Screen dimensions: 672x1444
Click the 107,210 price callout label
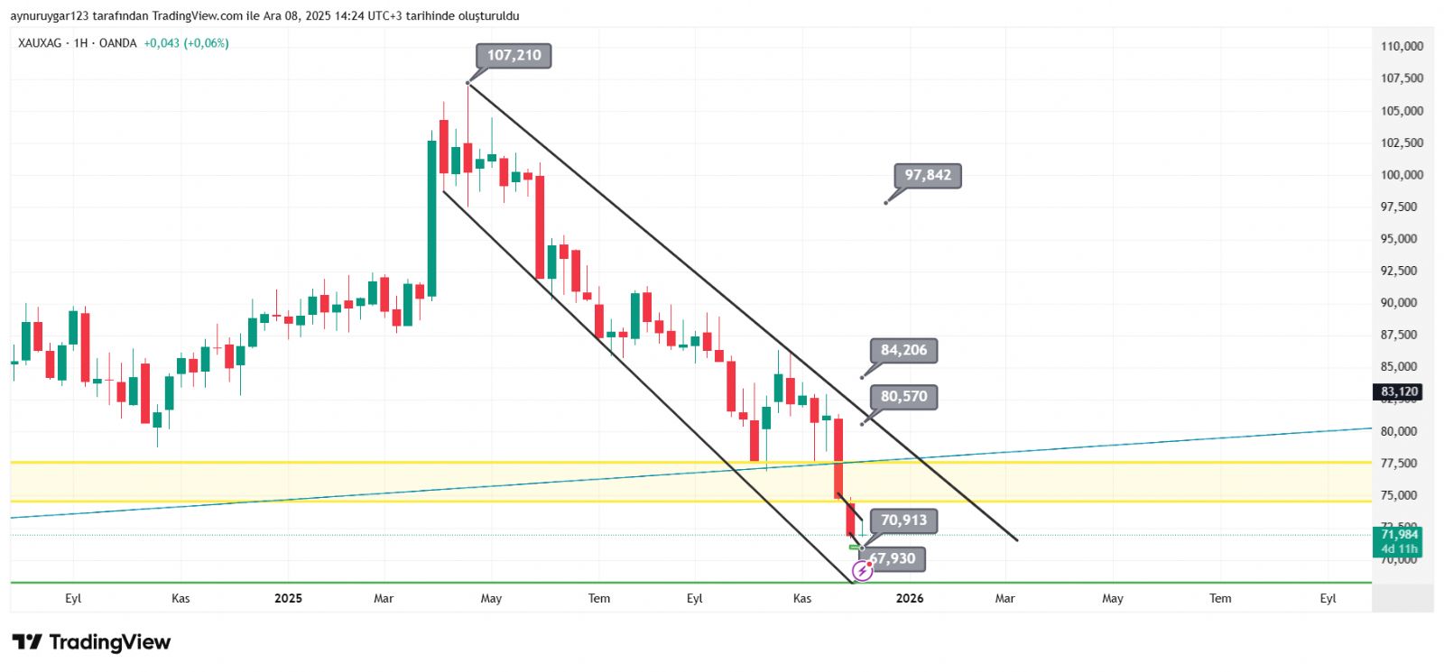[514, 56]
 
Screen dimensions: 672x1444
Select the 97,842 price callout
[928, 176]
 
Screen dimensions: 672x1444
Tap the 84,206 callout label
[903, 351]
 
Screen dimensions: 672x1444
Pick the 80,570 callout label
[903, 397]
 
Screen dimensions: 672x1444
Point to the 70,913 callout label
[903, 520]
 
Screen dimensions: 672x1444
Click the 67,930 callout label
[893, 559]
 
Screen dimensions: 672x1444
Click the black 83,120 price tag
[1399, 391]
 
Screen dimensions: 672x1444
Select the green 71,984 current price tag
[1399, 541]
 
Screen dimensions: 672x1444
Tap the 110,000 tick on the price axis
[1402, 46]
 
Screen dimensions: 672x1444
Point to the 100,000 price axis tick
[1402, 175]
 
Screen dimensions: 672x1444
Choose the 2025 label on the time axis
[288, 598]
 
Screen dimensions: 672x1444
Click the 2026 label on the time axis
[910, 598]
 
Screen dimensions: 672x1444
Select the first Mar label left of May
[384, 598]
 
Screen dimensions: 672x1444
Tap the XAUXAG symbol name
[40, 43]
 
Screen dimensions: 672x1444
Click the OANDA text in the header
[117, 43]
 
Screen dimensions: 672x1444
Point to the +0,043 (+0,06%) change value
[186, 43]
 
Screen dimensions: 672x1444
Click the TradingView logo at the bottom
[91, 642]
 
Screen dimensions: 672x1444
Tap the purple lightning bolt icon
[862, 571]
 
